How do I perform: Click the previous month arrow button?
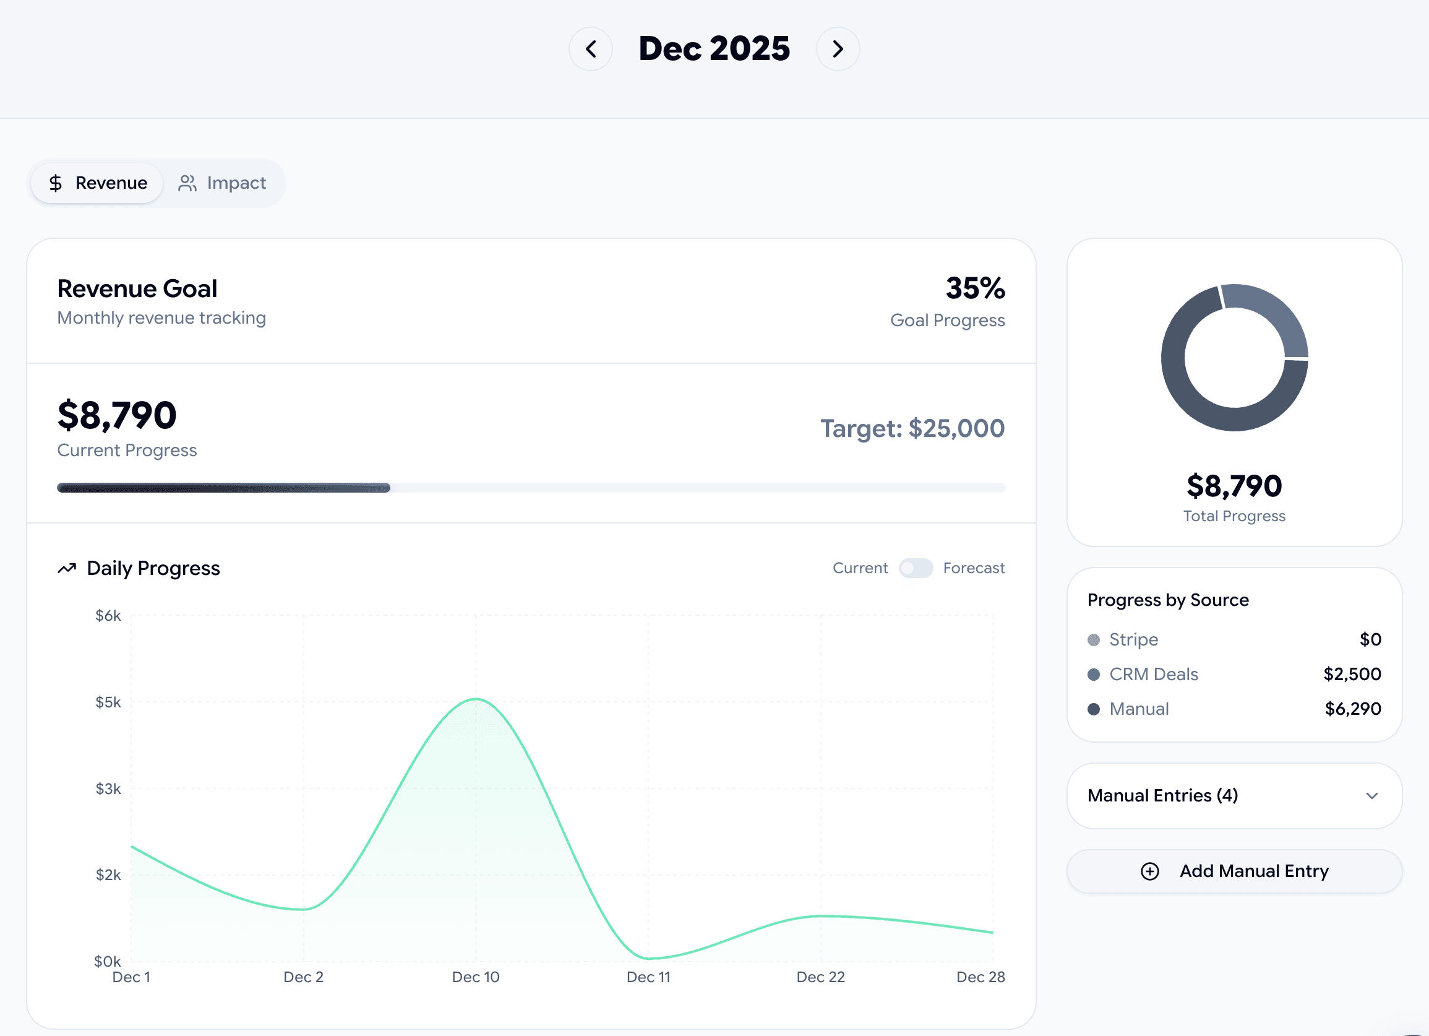pyautogui.click(x=590, y=48)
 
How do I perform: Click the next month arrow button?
pyautogui.click(x=838, y=48)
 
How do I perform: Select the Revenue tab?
pyautogui.click(x=98, y=183)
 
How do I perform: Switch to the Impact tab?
pyautogui.click(x=223, y=183)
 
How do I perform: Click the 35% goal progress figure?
pyautogui.click(x=975, y=288)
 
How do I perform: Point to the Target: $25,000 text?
pyautogui.click(x=912, y=428)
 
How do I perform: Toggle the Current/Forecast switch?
pyautogui.click(x=916, y=568)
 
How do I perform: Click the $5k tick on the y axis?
pyautogui.click(x=108, y=702)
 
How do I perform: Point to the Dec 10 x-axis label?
pyautogui.click(x=476, y=977)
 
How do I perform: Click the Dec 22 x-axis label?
pyautogui.click(x=820, y=977)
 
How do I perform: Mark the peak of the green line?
pyautogui.click(x=476, y=699)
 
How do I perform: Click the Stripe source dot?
pyautogui.click(x=1094, y=640)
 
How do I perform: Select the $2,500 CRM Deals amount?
pyautogui.click(x=1352, y=675)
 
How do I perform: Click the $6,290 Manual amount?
pyautogui.click(x=1353, y=709)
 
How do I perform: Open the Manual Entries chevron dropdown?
pyautogui.click(x=1371, y=796)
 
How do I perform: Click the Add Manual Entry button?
pyautogui.click(x=1234, y=871)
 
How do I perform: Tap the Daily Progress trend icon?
pyautogui.click(x=67, y=568)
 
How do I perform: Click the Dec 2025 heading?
pyautogui.click(x=714, y=48)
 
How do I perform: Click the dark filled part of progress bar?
pyautogui.click(x=223, y=488)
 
